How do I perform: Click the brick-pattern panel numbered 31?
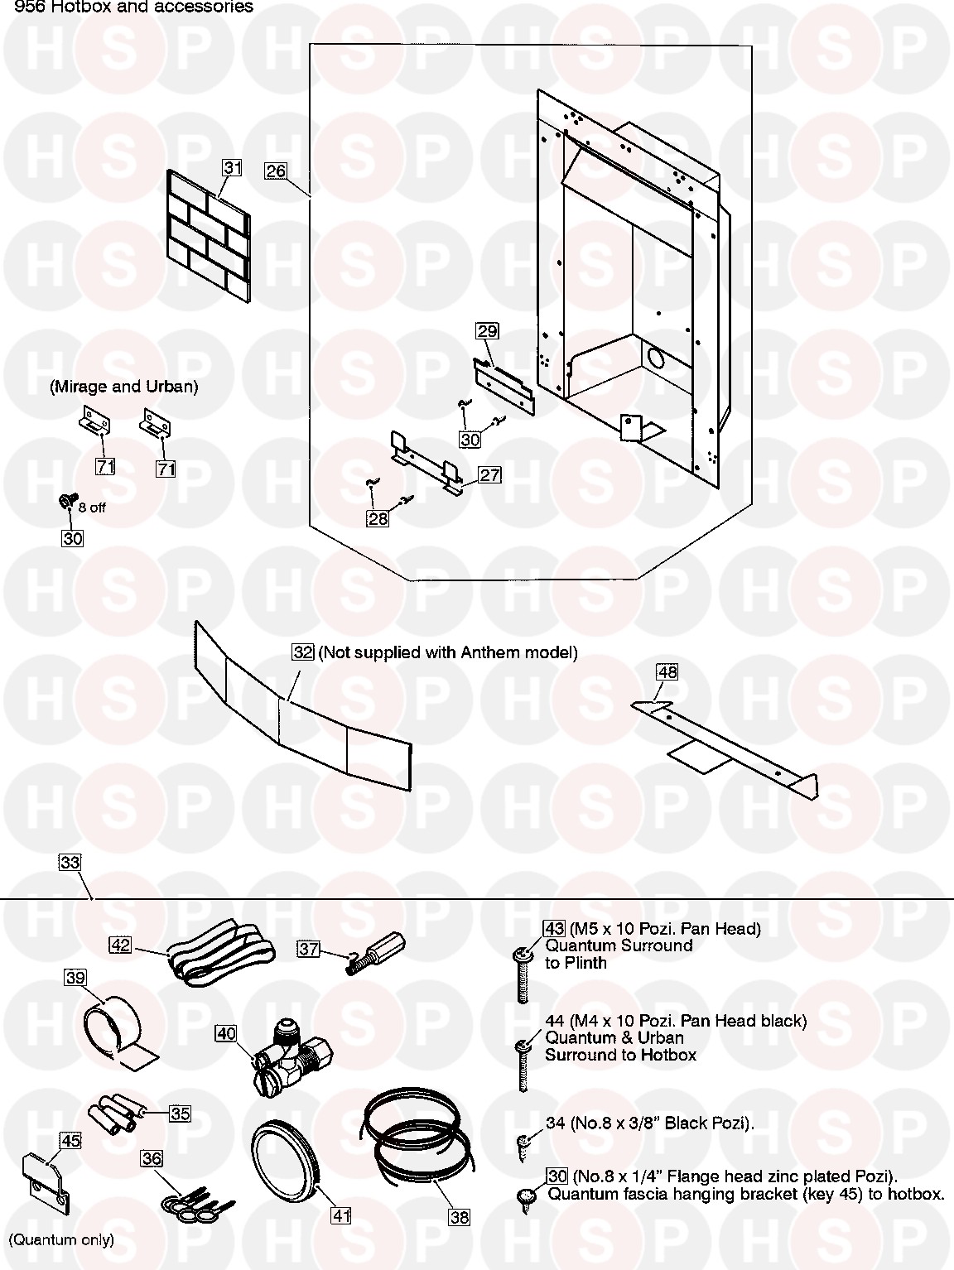[208, 238]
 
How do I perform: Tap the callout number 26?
[275, 171]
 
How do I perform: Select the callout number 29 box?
[487, 331]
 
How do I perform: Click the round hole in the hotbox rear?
[655, 359]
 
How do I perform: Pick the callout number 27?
[489, 475]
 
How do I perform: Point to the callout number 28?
[378, 519]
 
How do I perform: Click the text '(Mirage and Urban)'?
[123, 387]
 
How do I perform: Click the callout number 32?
[303, 652]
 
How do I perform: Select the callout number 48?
[667, 672]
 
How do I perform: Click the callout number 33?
[70, 862]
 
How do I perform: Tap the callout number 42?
[121, 945]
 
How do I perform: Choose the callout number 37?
[309, 949]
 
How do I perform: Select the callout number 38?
[459, 1216]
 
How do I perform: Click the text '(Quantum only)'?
[61, 1239]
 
